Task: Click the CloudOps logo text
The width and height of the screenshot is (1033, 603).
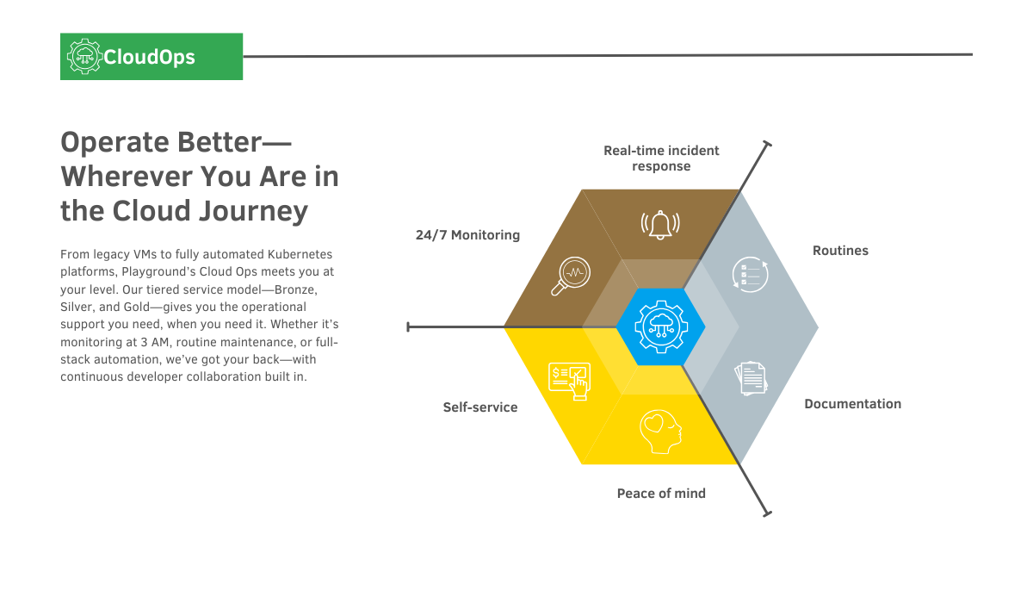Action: (x=149, y=58)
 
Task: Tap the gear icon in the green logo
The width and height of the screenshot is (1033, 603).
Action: (x=84, y=57)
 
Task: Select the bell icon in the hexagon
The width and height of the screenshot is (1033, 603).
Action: (x=660, y=224)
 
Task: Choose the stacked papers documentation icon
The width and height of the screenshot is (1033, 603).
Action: (x=751, y=378)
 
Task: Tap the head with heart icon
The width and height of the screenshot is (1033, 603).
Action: (x=660, y=432)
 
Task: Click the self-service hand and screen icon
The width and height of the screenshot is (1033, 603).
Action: (x=568, y=380)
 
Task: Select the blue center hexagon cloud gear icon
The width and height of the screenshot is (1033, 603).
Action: (x=660, y=327)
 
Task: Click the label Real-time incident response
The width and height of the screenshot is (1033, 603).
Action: (x=661, y=158)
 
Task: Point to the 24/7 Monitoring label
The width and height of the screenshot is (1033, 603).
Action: (x=467, y=235)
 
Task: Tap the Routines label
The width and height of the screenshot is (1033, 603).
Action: (x=840, y=251)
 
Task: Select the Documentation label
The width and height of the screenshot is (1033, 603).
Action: (x=852, y=404)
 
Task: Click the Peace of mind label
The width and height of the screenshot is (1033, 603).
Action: (x=661, y=494)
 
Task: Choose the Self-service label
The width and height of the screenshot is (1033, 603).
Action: (x=480, y=407)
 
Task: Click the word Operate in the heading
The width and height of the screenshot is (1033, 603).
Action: (x=113, y=142)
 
